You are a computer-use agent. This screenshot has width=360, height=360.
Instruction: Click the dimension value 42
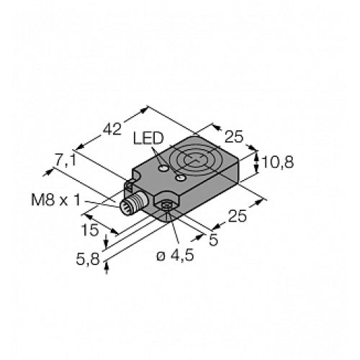point(112,130)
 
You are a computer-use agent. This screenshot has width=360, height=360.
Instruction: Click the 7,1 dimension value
point(67,161)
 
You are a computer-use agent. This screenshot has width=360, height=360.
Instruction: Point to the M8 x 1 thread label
point(66,199)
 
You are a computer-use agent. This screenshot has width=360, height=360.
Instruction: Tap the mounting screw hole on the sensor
point(167,208)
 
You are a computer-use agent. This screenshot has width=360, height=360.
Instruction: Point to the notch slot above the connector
point(130,186)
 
